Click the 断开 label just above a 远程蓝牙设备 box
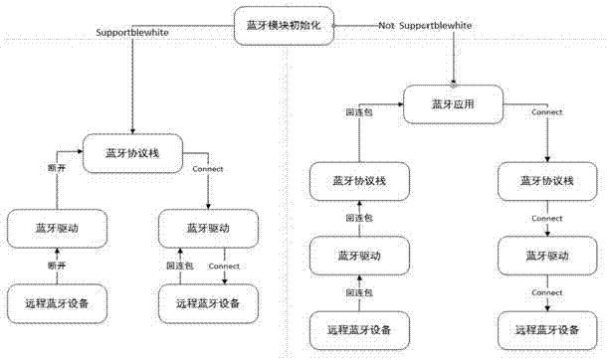coord(57,267)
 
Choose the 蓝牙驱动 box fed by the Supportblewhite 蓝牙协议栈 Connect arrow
coord(207,228)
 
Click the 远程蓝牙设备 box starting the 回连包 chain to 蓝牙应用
coord(359,327)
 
